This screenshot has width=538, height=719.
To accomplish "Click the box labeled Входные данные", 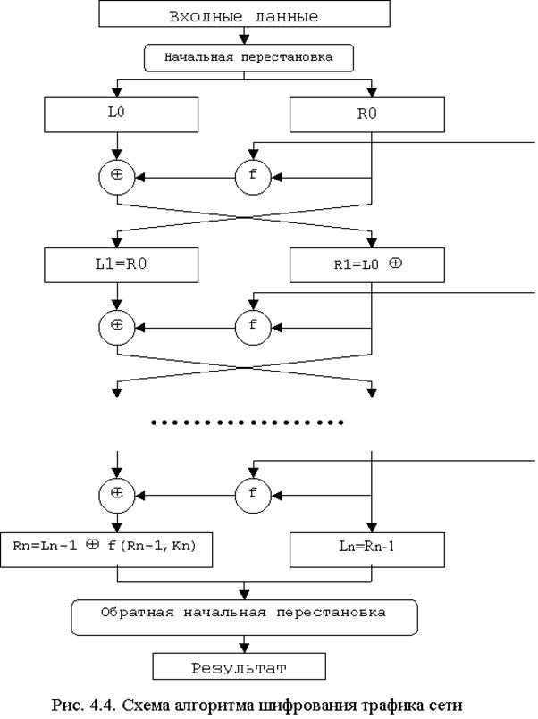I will coord(243,15).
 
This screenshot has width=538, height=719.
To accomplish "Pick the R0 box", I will coord(367,114).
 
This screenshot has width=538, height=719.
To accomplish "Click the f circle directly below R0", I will coord(252,176).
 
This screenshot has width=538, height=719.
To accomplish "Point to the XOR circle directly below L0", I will coord(117,176).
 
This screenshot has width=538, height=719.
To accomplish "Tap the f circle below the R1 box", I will coord(252,325).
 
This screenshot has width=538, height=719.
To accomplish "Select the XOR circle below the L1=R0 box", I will coord(117,325).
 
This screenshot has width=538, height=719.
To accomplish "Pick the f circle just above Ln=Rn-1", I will coord(252,492).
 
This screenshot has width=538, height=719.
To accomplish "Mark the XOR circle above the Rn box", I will coord(117,492).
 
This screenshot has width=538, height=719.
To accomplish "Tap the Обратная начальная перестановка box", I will coord(243,614).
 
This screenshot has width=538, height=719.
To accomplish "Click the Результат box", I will coord(243,666).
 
